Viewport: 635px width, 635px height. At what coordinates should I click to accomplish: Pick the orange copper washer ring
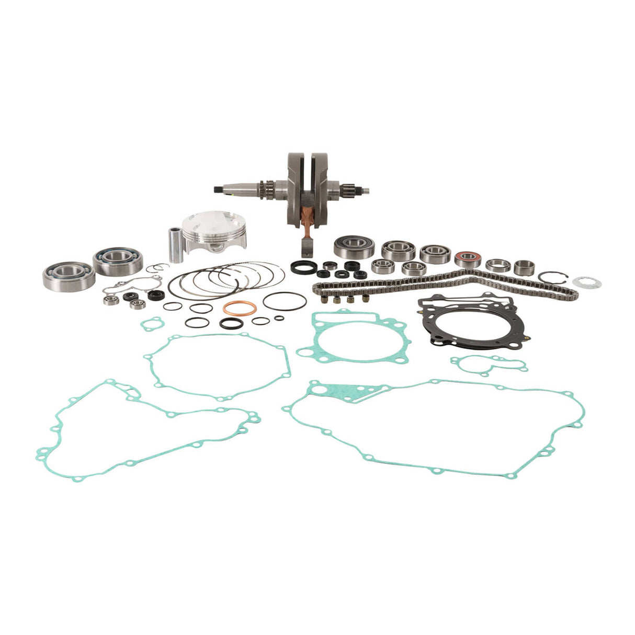pyautogui.click(x=240, y=309)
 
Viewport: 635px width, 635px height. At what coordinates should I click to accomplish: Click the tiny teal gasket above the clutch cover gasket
pyautogui.click(x=151, y=324)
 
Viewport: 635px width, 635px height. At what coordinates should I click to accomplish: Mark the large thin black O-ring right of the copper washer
pyautogui.click(x=285, y=301)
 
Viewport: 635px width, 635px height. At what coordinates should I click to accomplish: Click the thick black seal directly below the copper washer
pyautogui.click(x=231, y=324)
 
